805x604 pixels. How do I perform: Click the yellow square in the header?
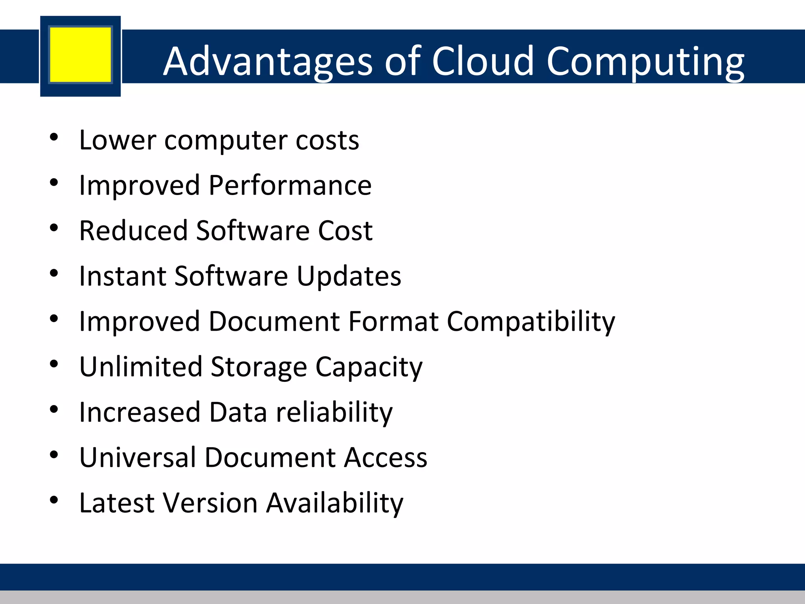81,55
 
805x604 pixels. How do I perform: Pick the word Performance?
290,185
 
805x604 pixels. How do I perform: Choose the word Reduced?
133,230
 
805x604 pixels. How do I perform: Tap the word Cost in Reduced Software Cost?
345,230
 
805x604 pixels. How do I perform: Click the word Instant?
122,276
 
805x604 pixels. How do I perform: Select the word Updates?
349,276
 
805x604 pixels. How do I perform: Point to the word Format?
393,321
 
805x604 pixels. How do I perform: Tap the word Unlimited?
141,367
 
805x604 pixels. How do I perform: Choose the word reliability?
334,412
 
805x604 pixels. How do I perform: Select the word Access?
386,458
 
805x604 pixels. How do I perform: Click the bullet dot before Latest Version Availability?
54,500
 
